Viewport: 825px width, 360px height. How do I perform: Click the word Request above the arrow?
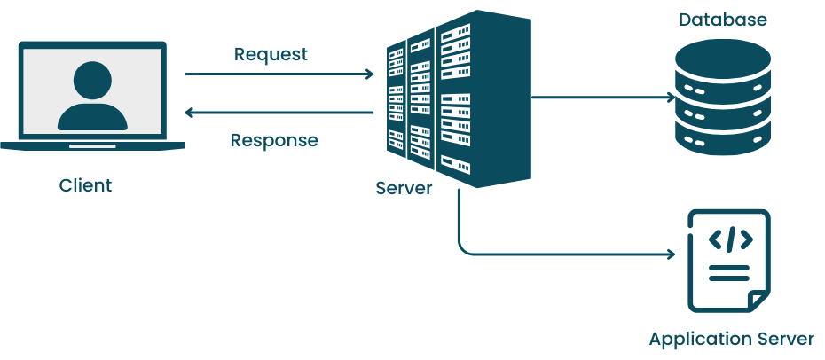coord(271,54)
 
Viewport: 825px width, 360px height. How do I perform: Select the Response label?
coord(274,140)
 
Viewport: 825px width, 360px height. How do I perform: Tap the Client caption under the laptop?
coord(86,185)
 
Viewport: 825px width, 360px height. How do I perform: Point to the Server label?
coord(405,188)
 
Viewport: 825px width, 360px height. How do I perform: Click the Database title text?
coord(723,19)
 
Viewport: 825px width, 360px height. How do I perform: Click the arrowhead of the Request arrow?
coord(370,74)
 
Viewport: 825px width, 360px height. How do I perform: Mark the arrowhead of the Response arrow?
coord(189,113)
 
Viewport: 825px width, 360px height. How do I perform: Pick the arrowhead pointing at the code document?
coord(672,255)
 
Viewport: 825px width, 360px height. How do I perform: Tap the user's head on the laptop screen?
coord(92,81)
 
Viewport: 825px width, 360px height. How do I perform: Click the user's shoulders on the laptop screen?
coord(92,116)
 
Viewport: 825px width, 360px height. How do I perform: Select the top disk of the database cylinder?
coord(723,60)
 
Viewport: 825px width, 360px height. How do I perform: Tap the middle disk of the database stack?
coord(723,104)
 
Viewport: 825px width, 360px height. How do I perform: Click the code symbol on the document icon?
coord(730,239)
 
